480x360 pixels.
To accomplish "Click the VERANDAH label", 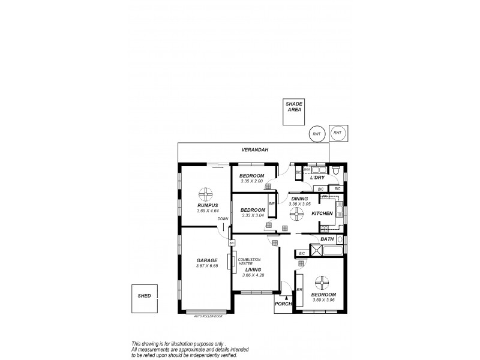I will (x=253, y=150).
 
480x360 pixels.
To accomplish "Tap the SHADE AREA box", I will (x=294, y=112).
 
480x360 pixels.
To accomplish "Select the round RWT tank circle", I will (x=316, y=134).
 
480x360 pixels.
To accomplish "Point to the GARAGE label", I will (x=206, y=260).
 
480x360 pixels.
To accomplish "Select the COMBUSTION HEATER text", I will (x=249, y=261).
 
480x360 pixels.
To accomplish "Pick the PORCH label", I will (x=283, y=304).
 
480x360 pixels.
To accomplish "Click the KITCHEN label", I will (x=322, y=214).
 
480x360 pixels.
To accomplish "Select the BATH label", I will (x=327, y=239).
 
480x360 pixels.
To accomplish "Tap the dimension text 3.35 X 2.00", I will (x=252, y=181).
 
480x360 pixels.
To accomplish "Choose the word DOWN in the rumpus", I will (x=223, y=219).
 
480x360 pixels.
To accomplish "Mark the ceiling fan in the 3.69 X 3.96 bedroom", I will (x=323, y=282).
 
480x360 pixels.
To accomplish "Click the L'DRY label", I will (x=317, y=178).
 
